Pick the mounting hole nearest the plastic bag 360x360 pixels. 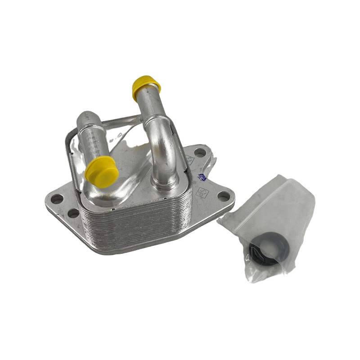click(x=224, y=195)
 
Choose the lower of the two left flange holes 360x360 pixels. click(x=72, y=213)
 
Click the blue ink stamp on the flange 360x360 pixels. click(x=202, y=177)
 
